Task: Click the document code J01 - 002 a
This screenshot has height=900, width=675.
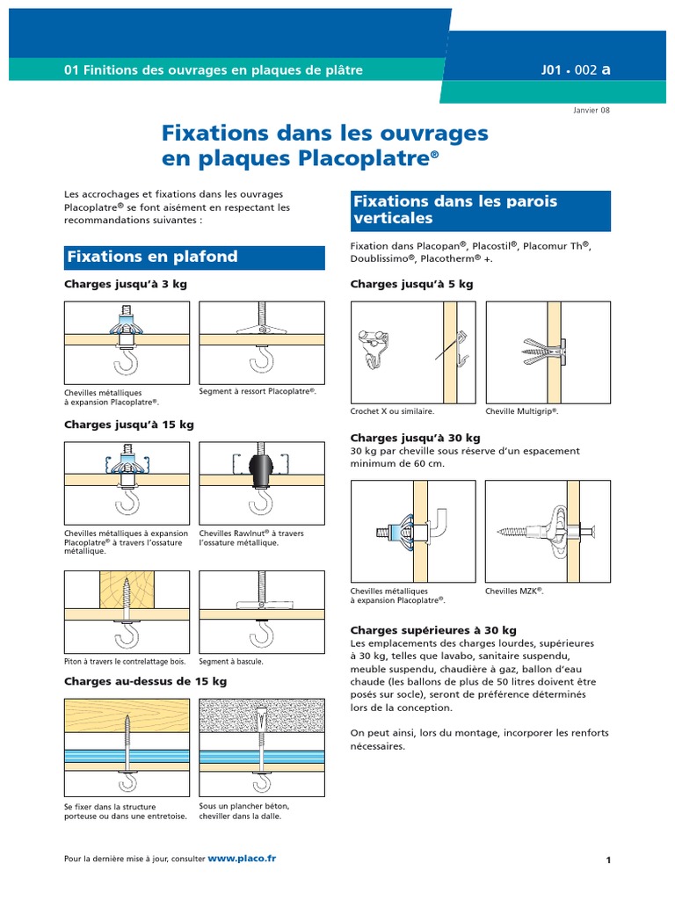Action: point(577,70)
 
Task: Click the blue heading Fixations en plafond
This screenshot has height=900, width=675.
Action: point(153,258)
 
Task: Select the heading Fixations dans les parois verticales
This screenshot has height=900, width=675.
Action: point(455,210)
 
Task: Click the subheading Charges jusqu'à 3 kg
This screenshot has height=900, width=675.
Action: point(125,285)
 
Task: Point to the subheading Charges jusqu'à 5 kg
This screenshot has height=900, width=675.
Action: point(411,285)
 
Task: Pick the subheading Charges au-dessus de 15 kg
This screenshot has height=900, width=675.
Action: point(145,681)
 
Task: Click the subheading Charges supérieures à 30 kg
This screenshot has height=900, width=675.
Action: point(433,630)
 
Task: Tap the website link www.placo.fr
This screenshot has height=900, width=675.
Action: point(242,858)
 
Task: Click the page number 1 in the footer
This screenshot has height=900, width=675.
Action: point(607,860)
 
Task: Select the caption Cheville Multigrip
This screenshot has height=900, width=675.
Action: point(522,410)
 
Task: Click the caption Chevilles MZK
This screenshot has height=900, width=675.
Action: point(514,592)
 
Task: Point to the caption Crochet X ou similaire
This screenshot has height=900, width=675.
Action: point(392,410)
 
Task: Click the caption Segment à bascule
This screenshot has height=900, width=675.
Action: point(231,661)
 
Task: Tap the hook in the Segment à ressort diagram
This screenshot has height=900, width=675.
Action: point(261,359)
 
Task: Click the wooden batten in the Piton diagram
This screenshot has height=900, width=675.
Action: point(127,588)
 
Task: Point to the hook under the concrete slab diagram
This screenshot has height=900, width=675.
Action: point(261,779)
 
